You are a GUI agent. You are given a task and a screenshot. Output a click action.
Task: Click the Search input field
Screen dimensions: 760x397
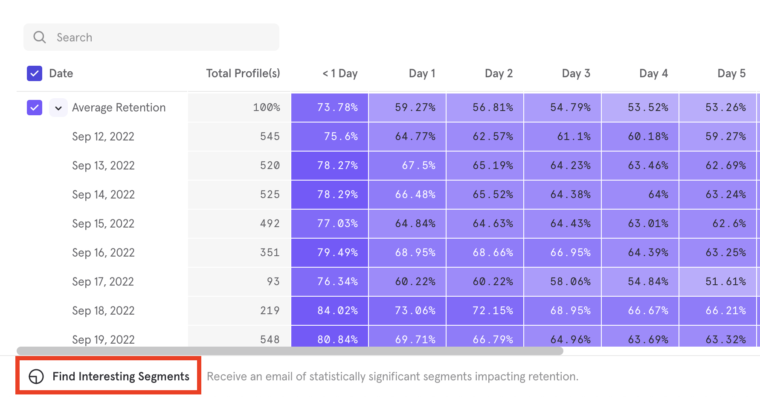[x=151, y=37]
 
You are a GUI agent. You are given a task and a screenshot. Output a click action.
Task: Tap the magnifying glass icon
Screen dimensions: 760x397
[x=40, y=37]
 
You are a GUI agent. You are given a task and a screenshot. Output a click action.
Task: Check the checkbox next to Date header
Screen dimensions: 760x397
[x=35, y=73]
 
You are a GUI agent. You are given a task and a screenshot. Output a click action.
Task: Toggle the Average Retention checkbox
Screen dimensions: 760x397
[x=35, y=108]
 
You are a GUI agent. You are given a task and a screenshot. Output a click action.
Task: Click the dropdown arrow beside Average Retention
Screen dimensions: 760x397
[x=58, y=108]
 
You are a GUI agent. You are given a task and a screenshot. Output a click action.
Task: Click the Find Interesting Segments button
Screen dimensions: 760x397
[x=109, y=376]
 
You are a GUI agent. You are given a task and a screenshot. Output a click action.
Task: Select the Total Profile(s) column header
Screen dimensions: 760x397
[x=243, y=73]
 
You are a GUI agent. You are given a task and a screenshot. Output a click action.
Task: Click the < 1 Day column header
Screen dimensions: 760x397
[x=340, y=73]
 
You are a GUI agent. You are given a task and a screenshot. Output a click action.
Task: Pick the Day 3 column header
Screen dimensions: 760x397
[x=576, y=73]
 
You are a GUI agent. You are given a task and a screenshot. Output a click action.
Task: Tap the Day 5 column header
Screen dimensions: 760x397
[x=731, y=73]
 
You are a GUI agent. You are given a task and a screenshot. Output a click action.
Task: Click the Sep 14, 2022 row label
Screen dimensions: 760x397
[x=103, y=195]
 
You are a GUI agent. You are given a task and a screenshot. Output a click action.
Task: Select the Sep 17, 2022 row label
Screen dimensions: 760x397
[x=103, y=282]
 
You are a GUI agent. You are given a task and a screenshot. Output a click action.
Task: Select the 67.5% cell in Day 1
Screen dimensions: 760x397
[x=407, y=166]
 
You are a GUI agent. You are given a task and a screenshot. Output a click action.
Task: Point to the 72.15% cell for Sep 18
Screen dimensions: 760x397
[x=485, y=311]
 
